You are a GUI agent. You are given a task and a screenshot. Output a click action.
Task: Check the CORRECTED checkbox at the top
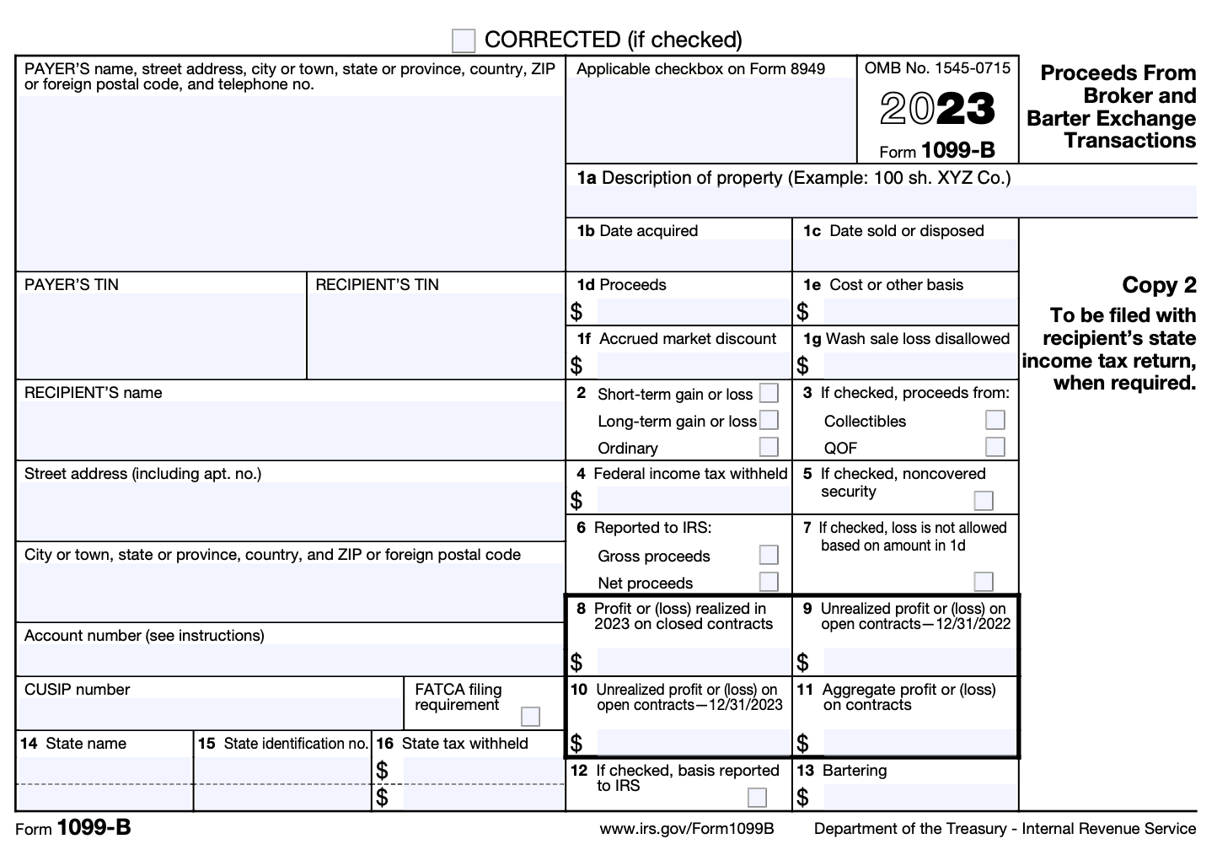[x=464, y=40]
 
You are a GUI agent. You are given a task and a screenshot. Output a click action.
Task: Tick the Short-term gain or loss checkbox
[x=769, y=393]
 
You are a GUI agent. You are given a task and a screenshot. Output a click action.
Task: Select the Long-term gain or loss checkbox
[x=769, y=420]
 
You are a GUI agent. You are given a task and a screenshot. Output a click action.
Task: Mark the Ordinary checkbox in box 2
[x=769, y=446]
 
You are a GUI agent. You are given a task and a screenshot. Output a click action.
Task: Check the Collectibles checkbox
[x=995, y=420]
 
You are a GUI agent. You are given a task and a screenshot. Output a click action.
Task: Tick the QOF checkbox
[x=995, y=446]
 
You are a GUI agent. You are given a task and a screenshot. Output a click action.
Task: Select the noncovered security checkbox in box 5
[x=984, y=501]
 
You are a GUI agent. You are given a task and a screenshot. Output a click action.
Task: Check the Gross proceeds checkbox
[x=769, y=555]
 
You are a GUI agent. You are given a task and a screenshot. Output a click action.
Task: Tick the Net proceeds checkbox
[x=769, y=582]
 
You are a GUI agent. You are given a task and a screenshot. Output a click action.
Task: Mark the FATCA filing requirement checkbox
[x=530, y=717]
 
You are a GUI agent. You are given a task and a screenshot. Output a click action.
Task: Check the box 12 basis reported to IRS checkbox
[x=758, y=797]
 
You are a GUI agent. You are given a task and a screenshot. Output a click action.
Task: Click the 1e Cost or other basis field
[x=919, y=311]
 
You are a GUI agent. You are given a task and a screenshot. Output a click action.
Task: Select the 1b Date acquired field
[x=678, y=255]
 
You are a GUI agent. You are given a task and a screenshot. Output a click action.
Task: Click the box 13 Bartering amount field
[x=919, y=797]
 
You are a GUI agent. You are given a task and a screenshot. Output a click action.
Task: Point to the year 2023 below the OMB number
[x=937, y=109]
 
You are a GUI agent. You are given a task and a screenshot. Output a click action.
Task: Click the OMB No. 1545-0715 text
[x=937, y=68]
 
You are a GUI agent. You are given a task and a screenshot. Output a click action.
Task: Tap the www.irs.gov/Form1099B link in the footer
[x=687, y=829]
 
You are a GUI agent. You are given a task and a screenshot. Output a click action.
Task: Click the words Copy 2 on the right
[x=1159, y=285]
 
